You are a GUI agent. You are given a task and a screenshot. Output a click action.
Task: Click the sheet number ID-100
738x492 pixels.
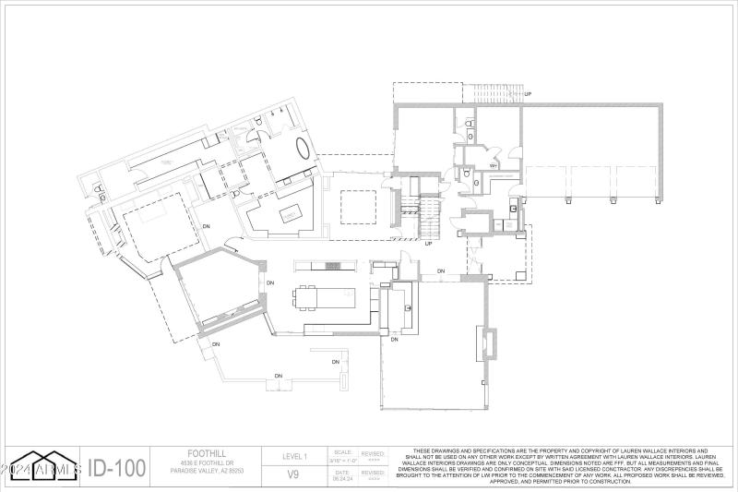pos(117,468)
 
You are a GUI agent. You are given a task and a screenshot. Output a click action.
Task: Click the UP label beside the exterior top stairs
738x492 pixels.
pos(528,94)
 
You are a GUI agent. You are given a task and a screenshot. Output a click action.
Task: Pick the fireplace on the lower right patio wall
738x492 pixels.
pos(486,343)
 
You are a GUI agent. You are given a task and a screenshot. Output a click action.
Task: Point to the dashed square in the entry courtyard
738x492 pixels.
pos(357,207)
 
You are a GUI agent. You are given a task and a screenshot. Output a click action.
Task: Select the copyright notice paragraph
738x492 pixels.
pos(560,466)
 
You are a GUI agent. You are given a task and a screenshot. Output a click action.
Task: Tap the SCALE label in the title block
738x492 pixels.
pos(343,450)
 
